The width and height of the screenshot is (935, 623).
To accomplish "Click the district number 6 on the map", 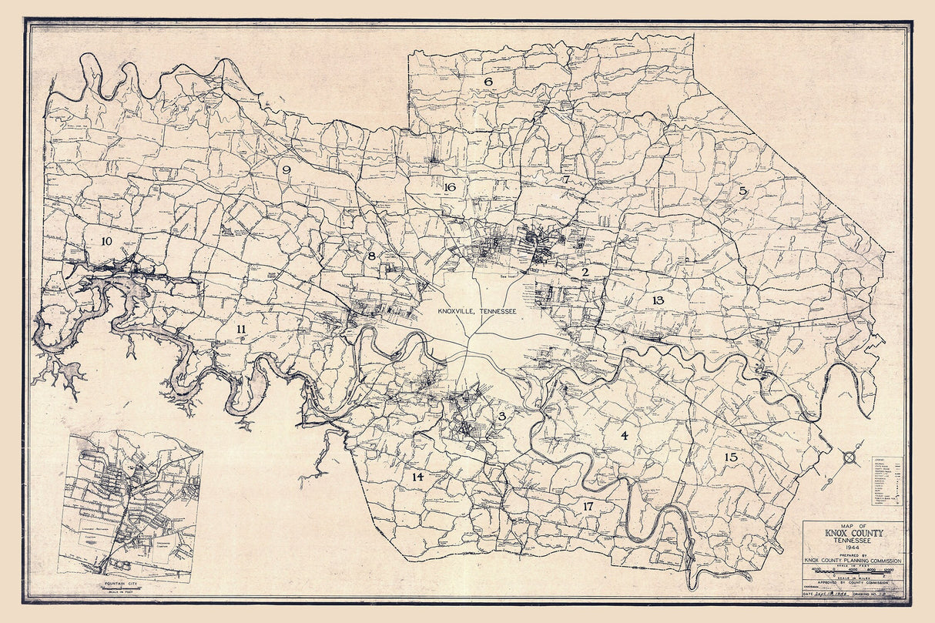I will point(488,81).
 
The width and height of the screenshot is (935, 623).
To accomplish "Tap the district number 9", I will point(287,170).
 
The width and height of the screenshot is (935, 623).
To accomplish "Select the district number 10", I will point(106,241).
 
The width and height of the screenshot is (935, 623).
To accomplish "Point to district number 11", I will point(241,330).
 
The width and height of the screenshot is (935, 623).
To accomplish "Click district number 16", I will point(451,187).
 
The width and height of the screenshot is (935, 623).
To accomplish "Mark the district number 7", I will point(566,179).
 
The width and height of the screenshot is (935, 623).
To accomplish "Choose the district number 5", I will point(743,190).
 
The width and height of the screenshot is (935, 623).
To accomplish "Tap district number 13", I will point(658,300).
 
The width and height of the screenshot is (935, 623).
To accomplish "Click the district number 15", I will point(731,457).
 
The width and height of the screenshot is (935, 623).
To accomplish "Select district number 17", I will point(588,507).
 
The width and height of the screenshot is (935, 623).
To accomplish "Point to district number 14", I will point(417,477).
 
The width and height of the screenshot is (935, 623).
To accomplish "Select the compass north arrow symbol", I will point(850,457).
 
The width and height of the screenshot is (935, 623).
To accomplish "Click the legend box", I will point(886,481).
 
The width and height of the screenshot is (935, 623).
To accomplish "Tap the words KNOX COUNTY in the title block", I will point(853,533).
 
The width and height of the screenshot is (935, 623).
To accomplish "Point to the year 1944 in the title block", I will point(853,547).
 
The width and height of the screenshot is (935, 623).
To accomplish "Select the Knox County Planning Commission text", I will point(853,560).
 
